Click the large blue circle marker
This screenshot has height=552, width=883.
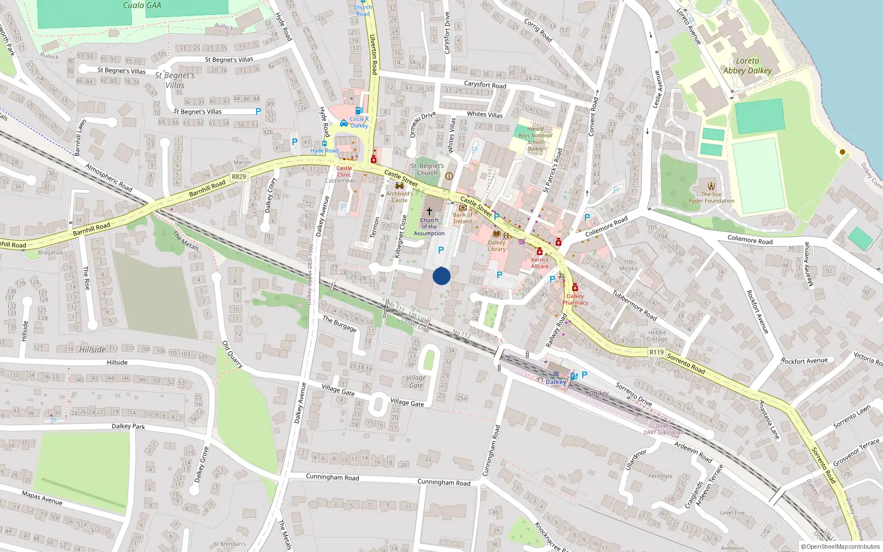[x=441, y=276]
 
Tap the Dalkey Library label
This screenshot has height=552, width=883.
[x=496, y=246]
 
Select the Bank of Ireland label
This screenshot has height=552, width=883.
[x=462, y=218]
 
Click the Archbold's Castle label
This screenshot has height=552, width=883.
[x=399, y=197]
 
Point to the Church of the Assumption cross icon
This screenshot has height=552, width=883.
[x=429, y=211]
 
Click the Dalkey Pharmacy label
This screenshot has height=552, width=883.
[x=575, y=299]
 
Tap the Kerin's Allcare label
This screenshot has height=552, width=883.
[x=540, y=263]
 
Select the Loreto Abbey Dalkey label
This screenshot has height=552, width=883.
[x=747, y=66]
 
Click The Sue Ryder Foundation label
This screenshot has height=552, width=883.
[x=711, y=198]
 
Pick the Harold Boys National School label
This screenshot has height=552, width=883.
[x=535, y=139]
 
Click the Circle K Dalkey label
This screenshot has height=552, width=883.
[x=359, y=122]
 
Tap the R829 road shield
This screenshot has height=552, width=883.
[x=239, y=177]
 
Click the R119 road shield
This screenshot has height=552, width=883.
[x=656, y=352]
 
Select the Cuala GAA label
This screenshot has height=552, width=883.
[x=142, y=6]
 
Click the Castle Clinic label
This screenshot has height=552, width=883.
[x=344, y=171]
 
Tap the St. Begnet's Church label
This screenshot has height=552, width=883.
[x=427, y=169]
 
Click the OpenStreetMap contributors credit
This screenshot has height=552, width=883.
[x=841, y=546]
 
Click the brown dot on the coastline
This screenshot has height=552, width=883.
[x=842, y=152]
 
